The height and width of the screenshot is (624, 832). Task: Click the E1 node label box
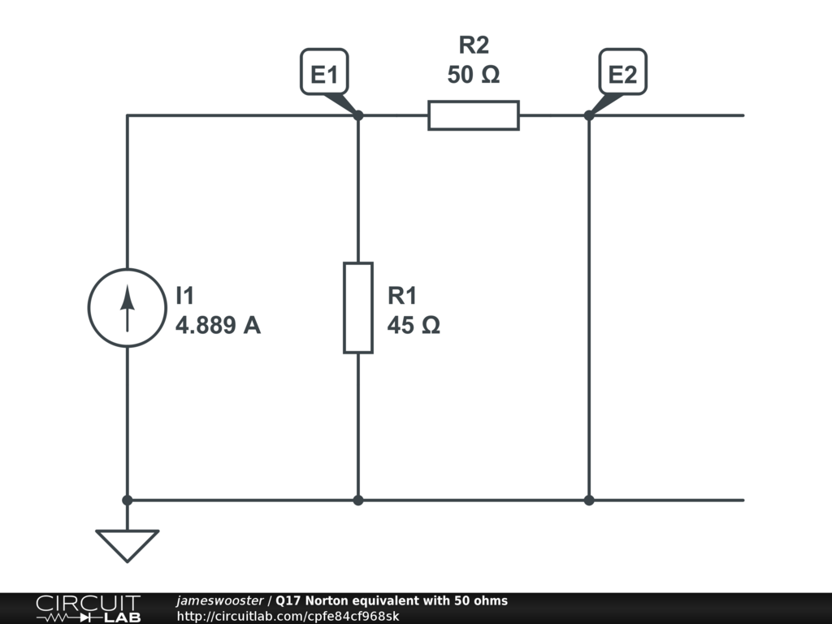coord(324,75)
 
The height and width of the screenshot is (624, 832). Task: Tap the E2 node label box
coord(622,75)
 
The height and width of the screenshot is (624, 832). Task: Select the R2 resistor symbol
coord(474,115)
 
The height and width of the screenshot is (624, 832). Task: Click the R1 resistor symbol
coord(358,308)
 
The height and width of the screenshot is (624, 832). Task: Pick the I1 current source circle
coord(127,308)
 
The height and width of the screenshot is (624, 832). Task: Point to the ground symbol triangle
coord(127,544)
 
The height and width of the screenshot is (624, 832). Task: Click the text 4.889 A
coord(218,326)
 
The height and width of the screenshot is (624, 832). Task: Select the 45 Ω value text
coord(414,326)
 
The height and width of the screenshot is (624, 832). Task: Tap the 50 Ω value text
coord(474,75)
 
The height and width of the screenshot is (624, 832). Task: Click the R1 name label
coord(402,296)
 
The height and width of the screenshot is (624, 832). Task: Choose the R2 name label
coord(474,46)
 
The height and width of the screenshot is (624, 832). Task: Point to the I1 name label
coord(185,296)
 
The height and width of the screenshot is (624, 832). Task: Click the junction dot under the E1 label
coord(358,115)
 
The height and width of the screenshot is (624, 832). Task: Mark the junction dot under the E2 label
coord(589,115)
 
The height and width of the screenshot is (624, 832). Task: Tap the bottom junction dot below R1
coord(358,500)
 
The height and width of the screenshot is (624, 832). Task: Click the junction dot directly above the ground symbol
coord(127,500)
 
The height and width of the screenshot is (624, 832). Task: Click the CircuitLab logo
coord(88,609)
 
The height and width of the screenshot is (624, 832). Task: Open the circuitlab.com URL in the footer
coord(288,616)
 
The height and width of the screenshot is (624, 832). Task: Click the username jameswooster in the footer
coord(219,601)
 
